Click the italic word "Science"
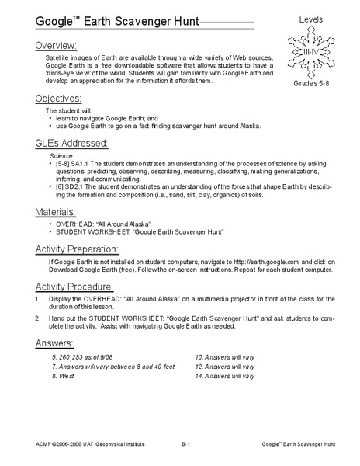(60, 155)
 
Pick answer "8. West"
(64, 376)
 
